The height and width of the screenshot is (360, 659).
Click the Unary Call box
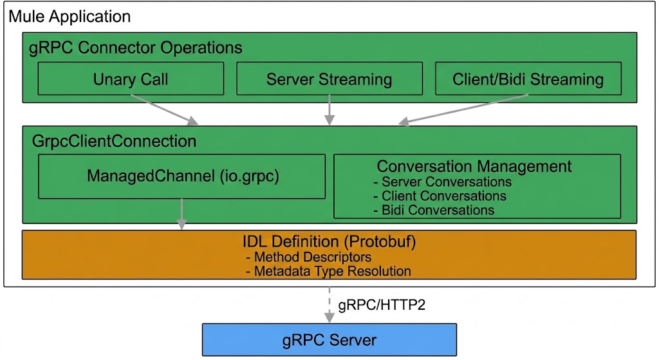pos(131,79)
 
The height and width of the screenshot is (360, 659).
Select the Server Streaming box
pos(329,79)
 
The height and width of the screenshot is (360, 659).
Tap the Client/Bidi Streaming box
pos(528,79)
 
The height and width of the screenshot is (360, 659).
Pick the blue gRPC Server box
pos(329,339)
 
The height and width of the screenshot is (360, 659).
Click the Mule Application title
pos(70,16)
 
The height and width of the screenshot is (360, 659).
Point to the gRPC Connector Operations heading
pos(136,48)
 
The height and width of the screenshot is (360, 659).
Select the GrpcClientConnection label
pos(114,140)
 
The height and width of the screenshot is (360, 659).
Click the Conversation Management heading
pos(474,166)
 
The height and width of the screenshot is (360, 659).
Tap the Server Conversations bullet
pos(442,182)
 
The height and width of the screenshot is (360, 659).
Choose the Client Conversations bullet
pos(440,196)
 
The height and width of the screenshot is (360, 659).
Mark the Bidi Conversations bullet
pos(434,210)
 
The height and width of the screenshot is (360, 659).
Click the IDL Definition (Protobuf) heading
pos(329,242)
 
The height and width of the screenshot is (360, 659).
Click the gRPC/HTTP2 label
pos(382,305)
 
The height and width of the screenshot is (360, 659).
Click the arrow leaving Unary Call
pos(164,109)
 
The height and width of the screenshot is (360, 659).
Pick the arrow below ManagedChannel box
pos(181,214)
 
